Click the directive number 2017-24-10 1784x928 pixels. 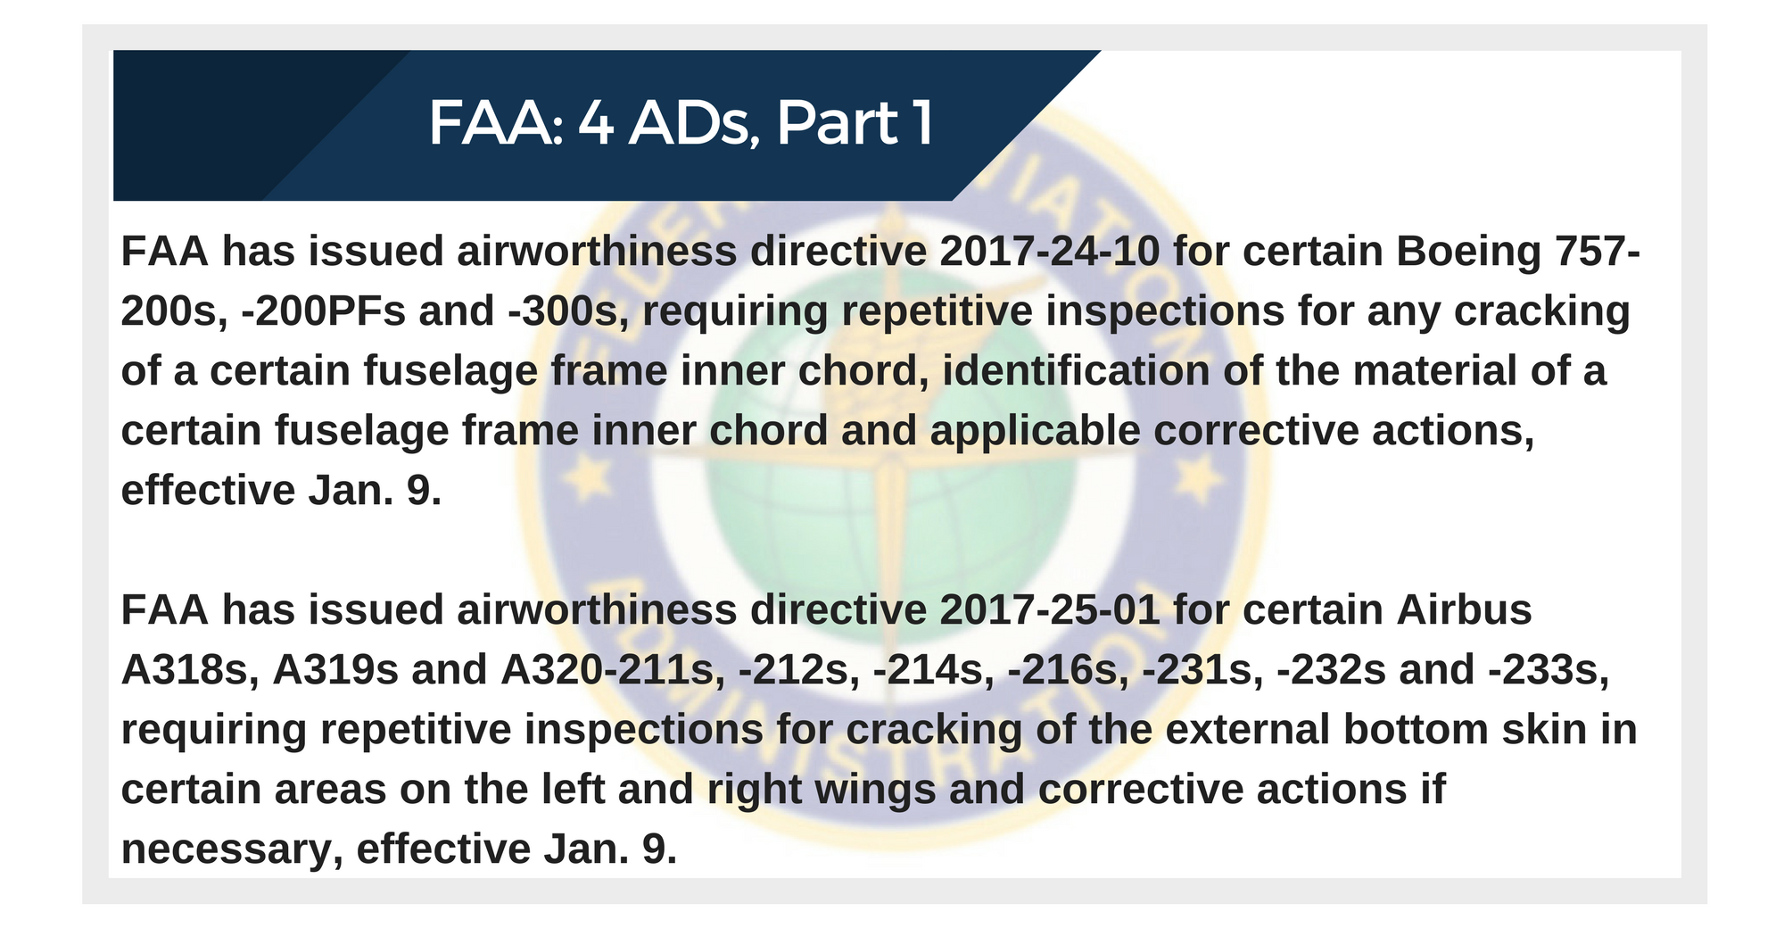click(1050, 252)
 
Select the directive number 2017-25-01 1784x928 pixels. click(1050, 610)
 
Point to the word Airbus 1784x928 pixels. click(1464, 610)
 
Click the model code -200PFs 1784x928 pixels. click(324, 311)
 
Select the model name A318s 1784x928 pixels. click(190, 670)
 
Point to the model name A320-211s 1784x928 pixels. click(613, 671)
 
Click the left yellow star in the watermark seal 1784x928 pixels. click(587, 479)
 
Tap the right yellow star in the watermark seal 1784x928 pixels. click(1200, 479)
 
